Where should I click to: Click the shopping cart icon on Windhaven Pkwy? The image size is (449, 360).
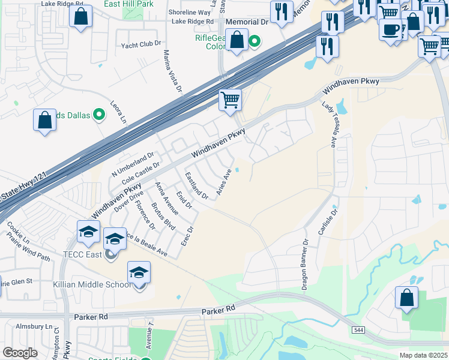click(x=230, y=100)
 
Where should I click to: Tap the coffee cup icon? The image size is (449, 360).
click(x=391, y=29)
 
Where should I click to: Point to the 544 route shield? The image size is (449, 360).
click(x=358, y=331)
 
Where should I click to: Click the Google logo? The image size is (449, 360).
click(x=20, y=352)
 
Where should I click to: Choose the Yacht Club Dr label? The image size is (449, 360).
click(x=142, y=44)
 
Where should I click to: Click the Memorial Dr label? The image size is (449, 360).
click(x=247, y=22)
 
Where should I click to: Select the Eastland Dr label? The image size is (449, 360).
click(x=196, y=186)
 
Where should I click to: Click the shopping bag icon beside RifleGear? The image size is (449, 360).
click(x=238, y=41)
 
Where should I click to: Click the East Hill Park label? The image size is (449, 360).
click(x=128, y=4)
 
